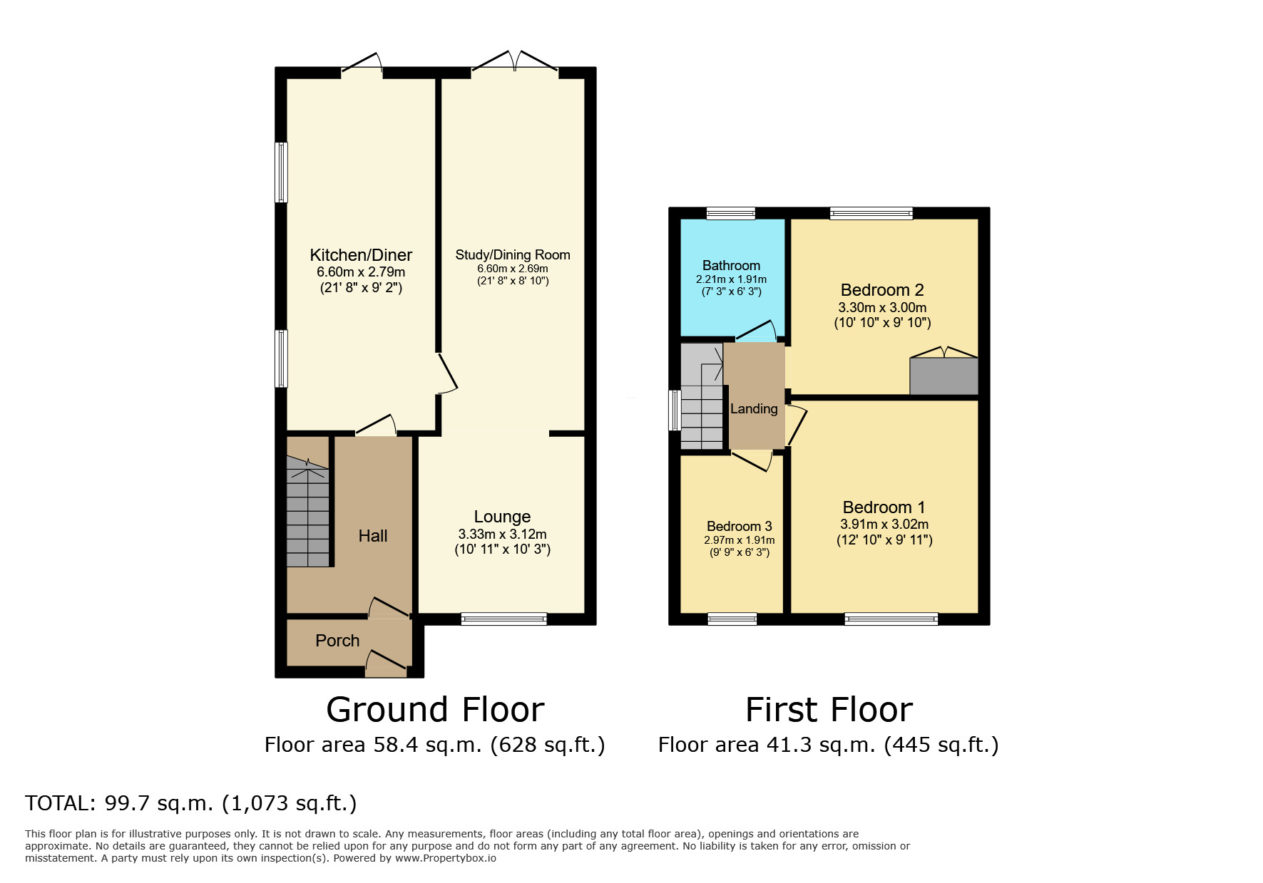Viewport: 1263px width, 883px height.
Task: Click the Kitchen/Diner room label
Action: [x=361, y=255]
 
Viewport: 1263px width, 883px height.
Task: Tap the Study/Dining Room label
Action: [x=513, y=255]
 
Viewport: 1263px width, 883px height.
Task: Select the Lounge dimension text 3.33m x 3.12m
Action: [x=503, y=534]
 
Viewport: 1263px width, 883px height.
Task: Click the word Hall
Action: [x=373, y=536]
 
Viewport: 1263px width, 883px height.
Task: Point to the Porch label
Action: [x=337, y=641]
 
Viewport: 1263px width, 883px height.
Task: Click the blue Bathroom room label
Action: [x=731, y=265]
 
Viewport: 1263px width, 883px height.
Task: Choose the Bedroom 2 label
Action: [x=882, y=290]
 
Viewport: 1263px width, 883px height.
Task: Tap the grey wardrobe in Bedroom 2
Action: [x=944, y=376]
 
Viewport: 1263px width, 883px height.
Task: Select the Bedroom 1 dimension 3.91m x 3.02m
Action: [x=884, y=525]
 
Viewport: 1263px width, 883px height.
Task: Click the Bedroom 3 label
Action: [x=740, y=527]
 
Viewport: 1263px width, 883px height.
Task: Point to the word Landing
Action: [x=754, y=408]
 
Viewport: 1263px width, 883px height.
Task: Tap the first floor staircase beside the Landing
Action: [x=702, y=396]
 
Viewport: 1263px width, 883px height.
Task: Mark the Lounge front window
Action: [x=503, y=619]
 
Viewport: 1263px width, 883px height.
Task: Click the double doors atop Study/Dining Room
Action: [x=514, y=61]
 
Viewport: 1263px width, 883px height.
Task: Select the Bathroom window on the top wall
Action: [x=731, y=213]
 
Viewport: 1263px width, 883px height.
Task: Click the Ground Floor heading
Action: [x=435, y=710]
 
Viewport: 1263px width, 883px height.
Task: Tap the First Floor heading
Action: [x=829, y=710]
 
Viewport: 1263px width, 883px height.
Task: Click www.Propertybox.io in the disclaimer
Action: [x=445, y=858]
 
